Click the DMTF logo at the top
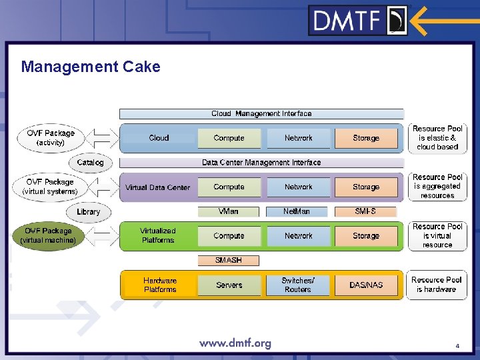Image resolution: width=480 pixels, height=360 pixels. [x=358, y=20]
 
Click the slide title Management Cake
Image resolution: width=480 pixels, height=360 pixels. [x=91, y=67]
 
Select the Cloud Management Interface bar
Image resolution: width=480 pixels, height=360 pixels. [x=261, y=114]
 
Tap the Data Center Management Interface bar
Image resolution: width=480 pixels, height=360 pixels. [x=261, y=163]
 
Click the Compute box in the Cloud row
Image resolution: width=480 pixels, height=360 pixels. [x=229, y=138]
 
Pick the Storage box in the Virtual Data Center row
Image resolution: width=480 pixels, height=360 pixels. [x=366, y=187]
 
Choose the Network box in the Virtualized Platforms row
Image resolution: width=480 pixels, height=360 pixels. [x=298, y=236]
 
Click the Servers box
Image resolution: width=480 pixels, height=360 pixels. [x=229, y=285]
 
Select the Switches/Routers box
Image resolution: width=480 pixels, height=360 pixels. [x=298, y=285]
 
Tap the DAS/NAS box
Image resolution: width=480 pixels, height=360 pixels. [x=366, y=285]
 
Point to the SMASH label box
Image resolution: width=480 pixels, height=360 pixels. [x=229, y=261]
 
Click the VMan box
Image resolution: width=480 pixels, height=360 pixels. [x=229, y=211]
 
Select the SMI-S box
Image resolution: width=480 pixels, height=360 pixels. [x=366, y=211]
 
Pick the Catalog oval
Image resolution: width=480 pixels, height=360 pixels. [x=91, y=163]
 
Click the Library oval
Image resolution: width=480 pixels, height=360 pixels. [x=89, y=212]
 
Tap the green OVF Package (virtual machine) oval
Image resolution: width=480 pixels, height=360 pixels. [x=48, y=235]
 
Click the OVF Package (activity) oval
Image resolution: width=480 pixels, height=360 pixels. [x=51, y=138]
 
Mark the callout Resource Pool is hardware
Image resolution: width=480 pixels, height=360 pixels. [x=437, y=285]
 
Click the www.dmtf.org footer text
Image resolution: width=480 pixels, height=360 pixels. [x=235, y=344]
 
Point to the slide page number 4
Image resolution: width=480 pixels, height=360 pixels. [x=457, y=346]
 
